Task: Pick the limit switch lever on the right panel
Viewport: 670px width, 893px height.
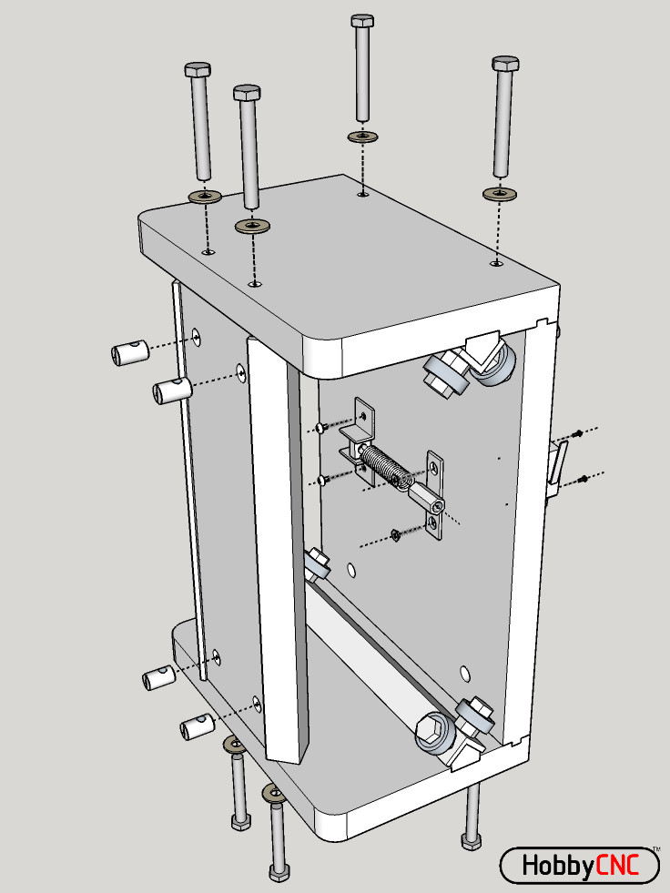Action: tap(556, 465)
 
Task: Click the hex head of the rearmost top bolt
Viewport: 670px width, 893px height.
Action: tap(362, 21)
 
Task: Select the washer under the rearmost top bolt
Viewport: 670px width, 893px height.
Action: tap(363, 137)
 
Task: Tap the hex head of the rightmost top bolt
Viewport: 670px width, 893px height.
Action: tap(505, 64)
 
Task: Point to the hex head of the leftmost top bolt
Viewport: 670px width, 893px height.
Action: tap(198, 70)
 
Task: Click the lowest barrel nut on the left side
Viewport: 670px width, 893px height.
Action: tap(196, 726)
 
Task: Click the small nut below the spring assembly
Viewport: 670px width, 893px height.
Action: tap(396, 534)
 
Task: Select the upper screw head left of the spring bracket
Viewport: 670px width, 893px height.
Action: tap(320, 427)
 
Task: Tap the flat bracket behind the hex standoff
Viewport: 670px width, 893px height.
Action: tap(438, 496)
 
